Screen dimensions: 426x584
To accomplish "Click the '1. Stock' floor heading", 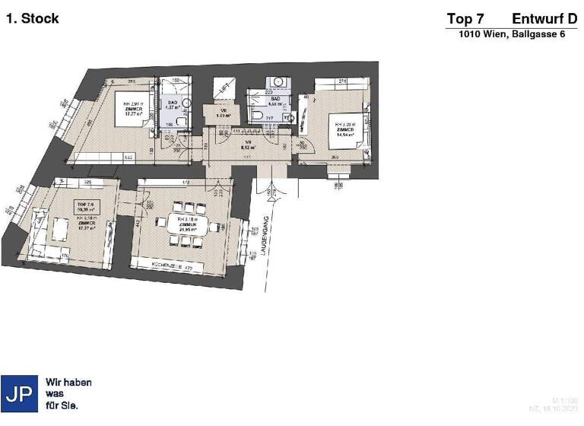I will click(32, 19).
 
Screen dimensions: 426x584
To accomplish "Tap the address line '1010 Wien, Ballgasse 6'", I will click(512, 35).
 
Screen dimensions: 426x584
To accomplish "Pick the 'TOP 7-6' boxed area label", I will click(85, 206).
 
